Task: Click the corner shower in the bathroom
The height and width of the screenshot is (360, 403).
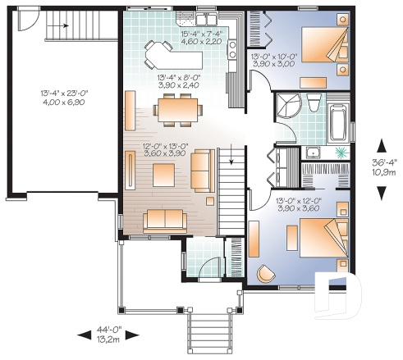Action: pyautogui.click(x=286, y=104)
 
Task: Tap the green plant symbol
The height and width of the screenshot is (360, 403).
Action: pyautogui.click(x=340, y=153)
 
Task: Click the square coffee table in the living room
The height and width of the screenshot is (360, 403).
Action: pyautogui.click(x=163, y=173)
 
